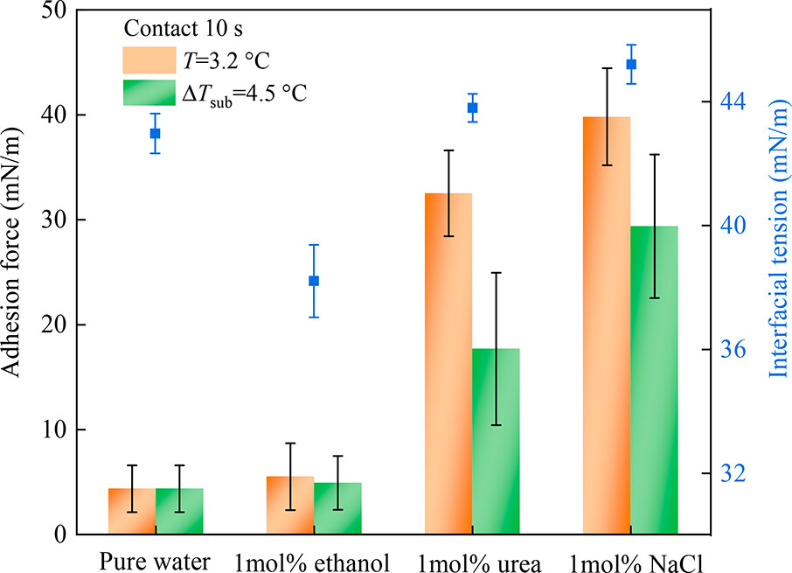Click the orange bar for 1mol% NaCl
point(606,325)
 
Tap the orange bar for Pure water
point(132,511)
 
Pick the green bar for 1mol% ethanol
point(337,508)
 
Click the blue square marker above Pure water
point(155,133)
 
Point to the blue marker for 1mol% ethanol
point(314,281)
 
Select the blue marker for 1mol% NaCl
point(631,64)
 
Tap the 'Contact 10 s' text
point(179,28)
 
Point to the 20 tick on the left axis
point(64,325)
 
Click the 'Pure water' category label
point(155,561)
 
